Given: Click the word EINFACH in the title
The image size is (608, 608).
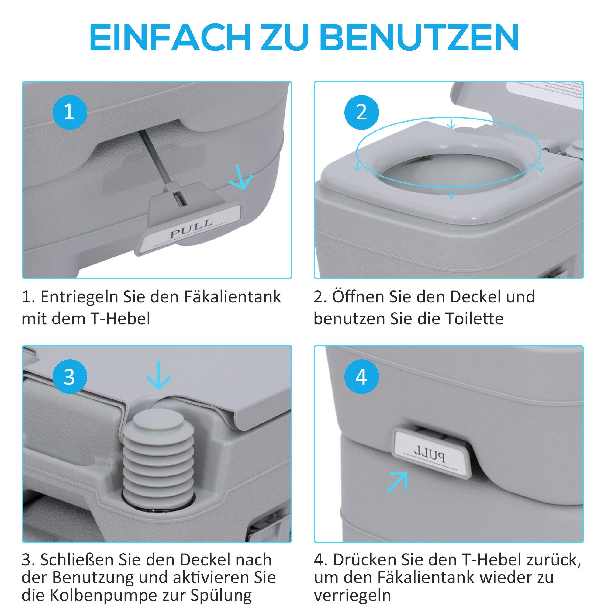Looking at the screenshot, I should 170,37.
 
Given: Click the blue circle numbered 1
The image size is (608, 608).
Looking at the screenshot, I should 69,112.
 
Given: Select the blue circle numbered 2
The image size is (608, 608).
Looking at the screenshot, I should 361,112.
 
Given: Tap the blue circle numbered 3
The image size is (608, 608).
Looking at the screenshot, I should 69,377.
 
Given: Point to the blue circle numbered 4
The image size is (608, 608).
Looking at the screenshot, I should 361,377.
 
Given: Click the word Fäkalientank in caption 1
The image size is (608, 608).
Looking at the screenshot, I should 232,297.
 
